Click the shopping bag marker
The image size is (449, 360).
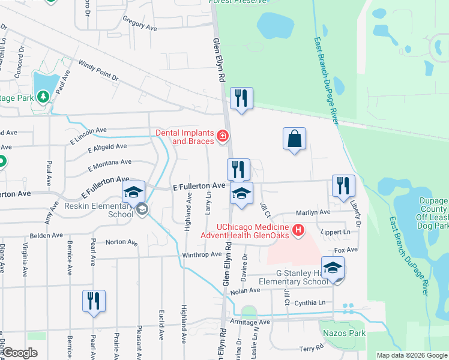click(294, 139)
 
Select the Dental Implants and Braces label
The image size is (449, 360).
click(185, 137)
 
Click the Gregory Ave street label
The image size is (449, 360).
click(139, 23)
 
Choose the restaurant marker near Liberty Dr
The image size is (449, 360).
click(343, 186)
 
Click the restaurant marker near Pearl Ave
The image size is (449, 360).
click(94, 301)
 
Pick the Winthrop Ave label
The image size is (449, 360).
click(202, 254)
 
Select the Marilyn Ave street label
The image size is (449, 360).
click(314, 212)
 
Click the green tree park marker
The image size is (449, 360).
click(43, 96)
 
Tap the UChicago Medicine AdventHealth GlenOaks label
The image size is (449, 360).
click(253, 231)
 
